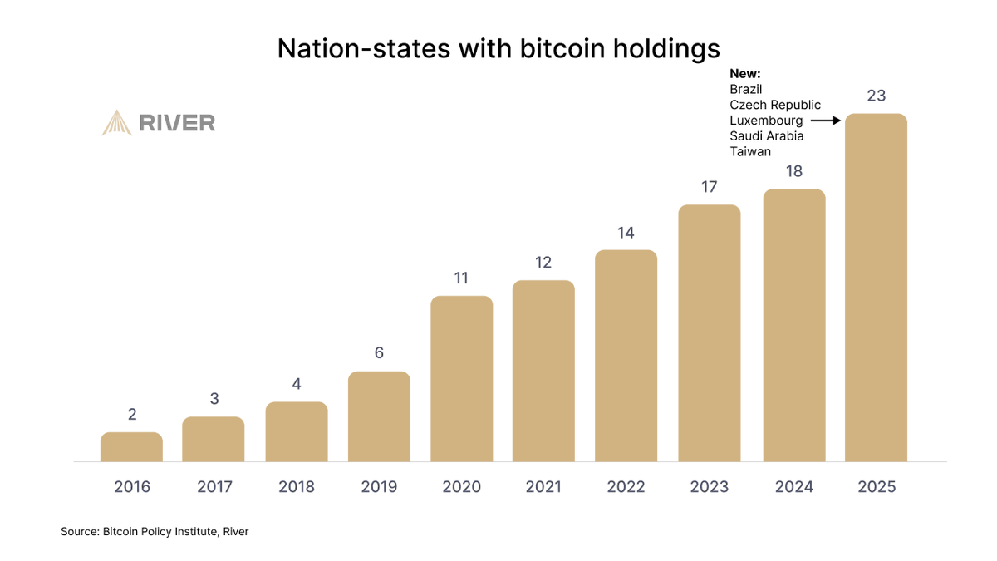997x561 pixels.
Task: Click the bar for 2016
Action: [x=131, y=447]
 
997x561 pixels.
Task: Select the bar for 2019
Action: [x=379, y=416]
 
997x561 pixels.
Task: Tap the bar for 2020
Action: [x=461, y=379]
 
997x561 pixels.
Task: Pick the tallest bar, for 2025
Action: [x=876, y=288]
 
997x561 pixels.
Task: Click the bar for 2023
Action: [x=709, y=333]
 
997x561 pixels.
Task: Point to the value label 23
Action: [x=876, y=96]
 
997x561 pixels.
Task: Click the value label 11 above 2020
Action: [x=461, y=278]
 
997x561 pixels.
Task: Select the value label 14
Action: [x=626, y=233]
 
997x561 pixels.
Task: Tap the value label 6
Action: [x=379, y=352]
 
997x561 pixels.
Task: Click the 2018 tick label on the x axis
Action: [x=297, y=487]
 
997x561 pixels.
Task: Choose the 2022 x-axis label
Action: [x=626, y=487]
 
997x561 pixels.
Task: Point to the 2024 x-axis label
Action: [x=793, y=487]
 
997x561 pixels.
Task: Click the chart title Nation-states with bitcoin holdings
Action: [x=498, y=49]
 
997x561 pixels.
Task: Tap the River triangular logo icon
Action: [x=116, y=123]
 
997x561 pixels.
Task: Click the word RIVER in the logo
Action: [x=177, y=124]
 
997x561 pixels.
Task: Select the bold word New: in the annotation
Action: [x=745, y=74]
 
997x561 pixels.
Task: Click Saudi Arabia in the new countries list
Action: [x=767, y=136]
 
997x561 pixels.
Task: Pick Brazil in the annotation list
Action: [x=746, y=89]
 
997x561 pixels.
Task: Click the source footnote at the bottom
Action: [x=155, y=531]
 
